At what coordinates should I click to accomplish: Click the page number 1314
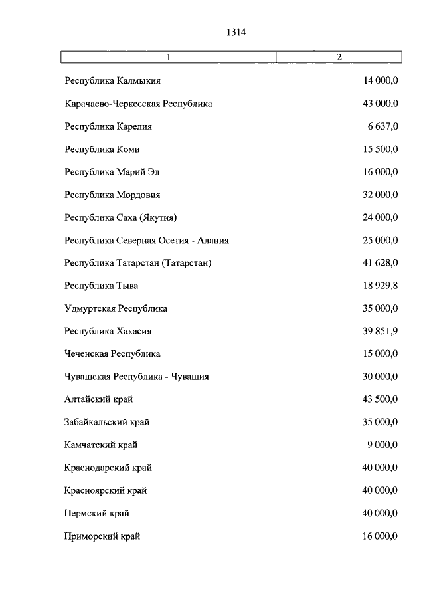[x=236, y=31]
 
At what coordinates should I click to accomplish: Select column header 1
[x=169, y=57]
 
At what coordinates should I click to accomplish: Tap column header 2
[x=339, y=57]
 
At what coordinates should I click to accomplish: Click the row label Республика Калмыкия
[x=113, y=81]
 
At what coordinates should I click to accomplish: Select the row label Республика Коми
[x=102, y=149]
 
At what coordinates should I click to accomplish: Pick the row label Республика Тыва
[x=102, y=286]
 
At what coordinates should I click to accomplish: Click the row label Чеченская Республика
[x=112, y=353]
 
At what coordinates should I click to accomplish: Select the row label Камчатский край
[x=102, y=445]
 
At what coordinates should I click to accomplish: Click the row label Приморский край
[x=102, y=536]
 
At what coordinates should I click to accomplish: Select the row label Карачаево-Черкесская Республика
[x=138, y=104]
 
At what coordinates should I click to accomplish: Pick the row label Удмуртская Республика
[x=116, y=308]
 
